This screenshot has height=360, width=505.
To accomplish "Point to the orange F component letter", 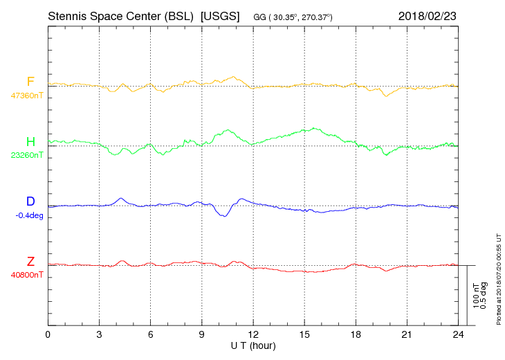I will pos(30,82).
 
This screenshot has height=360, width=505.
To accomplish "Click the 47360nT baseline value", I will pos(27,96).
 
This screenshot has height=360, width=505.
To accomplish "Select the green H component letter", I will pos(30,142).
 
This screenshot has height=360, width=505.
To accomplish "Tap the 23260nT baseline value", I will pos(27,155).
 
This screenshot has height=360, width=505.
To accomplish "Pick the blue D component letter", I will pos(30,201).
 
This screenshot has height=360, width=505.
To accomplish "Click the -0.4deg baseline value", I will pos(28,215).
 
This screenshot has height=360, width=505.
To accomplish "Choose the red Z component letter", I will pos(30,261).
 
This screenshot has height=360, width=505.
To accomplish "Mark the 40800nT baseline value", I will pos(27,274).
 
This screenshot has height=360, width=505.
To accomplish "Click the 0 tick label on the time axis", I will pos(48,335).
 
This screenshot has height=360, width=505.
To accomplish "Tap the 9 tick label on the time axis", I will pos(202,335).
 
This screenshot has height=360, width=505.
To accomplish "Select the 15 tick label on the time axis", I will pos(304,335).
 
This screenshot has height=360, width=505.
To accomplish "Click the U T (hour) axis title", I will pos(253,345).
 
